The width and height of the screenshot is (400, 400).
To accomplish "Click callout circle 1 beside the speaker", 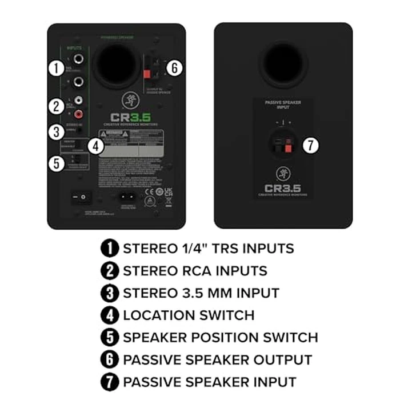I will click(x=55, y=68).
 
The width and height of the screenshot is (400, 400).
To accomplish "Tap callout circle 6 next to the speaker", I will click(x=175, y=68).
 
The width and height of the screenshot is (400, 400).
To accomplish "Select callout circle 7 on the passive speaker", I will click(x=310, y=145).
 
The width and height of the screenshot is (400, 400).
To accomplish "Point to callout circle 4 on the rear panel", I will click(x=97, y=146).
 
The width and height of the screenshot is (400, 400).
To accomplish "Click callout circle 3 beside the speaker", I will click(x=55, y=131).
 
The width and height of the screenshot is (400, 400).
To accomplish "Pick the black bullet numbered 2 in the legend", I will click(x=109, y=270).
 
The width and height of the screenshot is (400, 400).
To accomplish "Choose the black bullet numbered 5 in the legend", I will click(x=109, y=337).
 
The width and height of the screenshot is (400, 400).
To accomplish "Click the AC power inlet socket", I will click(x=129, y=198).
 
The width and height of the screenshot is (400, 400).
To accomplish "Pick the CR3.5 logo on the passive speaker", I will click(x=283, y=187).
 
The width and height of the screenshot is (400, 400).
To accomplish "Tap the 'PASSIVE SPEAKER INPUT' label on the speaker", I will click(x=283, y=105).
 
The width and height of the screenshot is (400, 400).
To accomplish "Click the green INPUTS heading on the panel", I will click(x=75, y=49).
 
